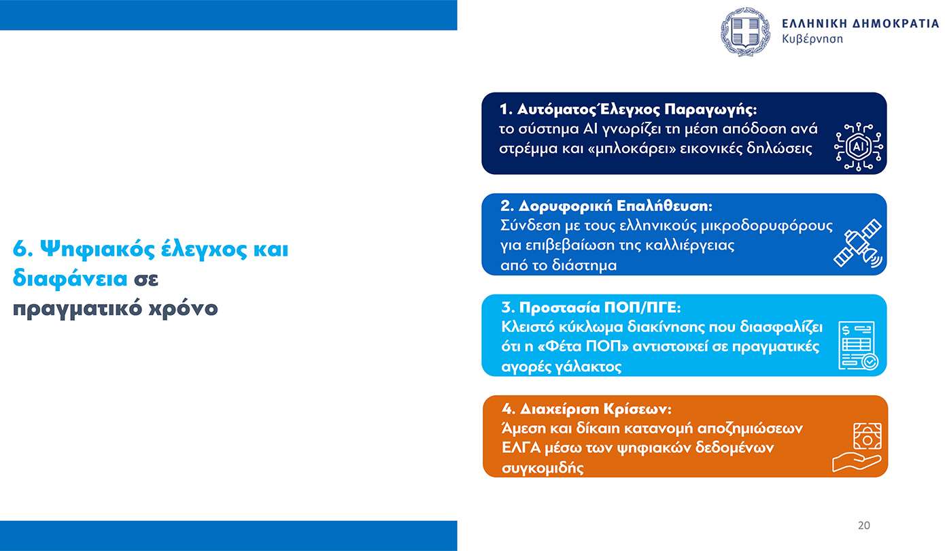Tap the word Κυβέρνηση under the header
click(x=812, y=39)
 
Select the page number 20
click(x=864, y=525)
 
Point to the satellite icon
click(x=858, y=244)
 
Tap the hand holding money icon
click(x=857, y=446)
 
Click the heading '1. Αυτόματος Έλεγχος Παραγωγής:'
click(x=628, y=110)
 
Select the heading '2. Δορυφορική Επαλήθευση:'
click(x=606, y=206)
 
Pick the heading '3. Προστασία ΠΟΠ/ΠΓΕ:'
click(x=591, y=307)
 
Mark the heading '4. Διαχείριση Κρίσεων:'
click(x=587, y=410)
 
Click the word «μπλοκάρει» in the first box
click(x=634, y=148)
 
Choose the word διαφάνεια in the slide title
click(x=70, y=279)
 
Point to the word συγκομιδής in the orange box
click(x=543, y=468)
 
